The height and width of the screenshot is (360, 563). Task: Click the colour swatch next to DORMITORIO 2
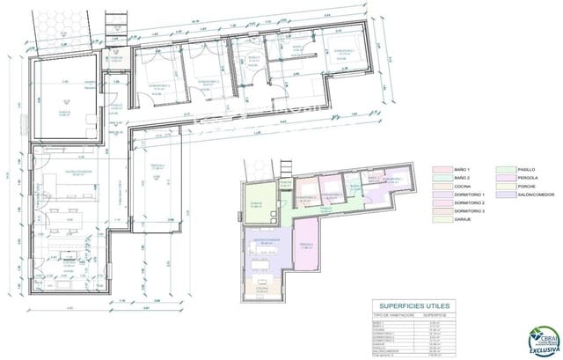pos(437,205)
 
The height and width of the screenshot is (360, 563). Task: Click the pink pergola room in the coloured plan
pos(305,247)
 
